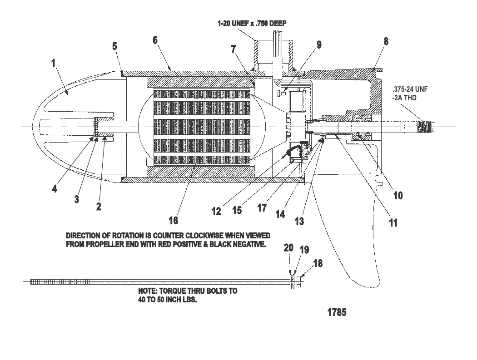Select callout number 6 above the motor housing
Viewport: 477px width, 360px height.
click(155, 41)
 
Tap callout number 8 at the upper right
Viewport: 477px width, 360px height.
click(386, 41)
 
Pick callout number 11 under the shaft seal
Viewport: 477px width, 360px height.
click(393, 222)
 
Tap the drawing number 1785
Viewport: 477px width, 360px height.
click(337, 313)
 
